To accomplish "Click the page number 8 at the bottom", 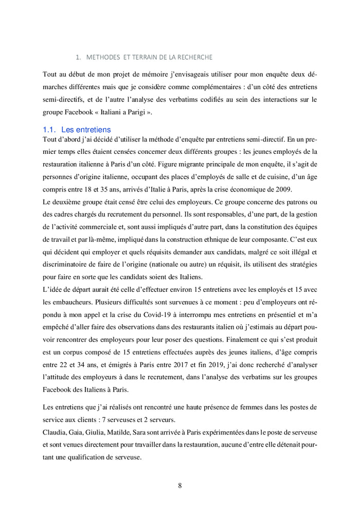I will (180, 486).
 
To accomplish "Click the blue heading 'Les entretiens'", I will (86, 130).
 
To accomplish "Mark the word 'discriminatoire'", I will (67, 264).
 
